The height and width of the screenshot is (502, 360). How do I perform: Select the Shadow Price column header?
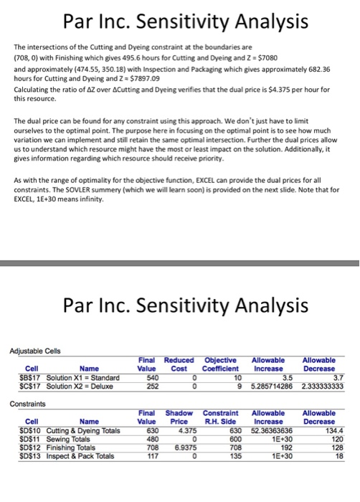(175, 417)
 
